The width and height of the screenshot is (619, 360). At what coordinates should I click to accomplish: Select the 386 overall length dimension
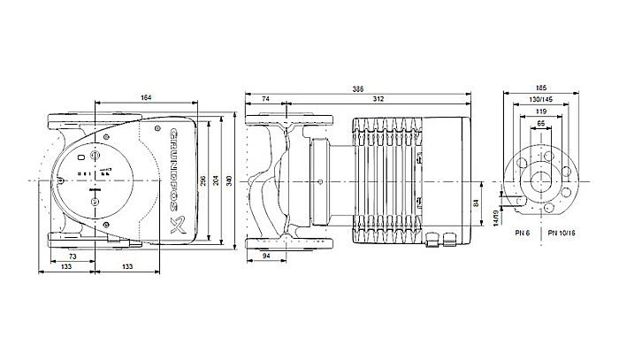point(358,89)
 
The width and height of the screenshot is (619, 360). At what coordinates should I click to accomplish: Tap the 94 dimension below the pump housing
point(268,257)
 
